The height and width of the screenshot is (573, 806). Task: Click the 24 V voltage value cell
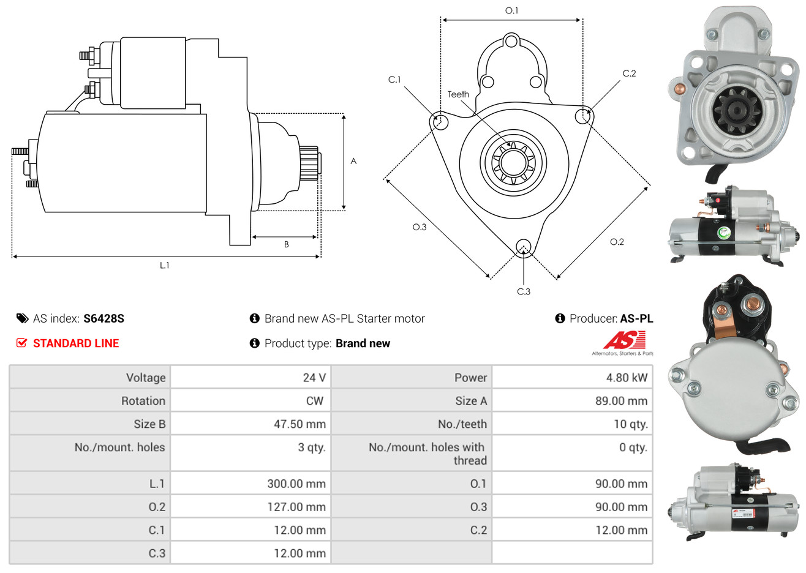(x=314, y=378)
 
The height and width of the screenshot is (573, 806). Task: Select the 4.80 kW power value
(x=627, y=378)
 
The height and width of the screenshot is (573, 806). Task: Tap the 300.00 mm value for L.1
(x=296, y=484)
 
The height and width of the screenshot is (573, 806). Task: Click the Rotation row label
(x=143, y=401)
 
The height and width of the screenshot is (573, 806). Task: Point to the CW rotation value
(x=314, y=401)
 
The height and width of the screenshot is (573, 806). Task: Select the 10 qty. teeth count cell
(x=631, y=424)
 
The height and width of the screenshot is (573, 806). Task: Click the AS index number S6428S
(x=104, y=318)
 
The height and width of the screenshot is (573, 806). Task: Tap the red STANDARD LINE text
(x=76, y=343)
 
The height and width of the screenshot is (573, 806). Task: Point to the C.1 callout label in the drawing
(x=394, y=80)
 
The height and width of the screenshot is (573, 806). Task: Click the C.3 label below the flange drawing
(x=524, y=291)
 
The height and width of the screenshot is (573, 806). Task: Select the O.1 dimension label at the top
(x=511, y=10)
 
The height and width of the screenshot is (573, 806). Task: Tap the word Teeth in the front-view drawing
(x=458, y=94)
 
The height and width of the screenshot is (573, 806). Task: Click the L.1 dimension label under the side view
(x=164, y=265)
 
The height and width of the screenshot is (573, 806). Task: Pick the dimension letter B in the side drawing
(x=286, y=244)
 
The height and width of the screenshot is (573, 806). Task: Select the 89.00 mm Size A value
(x=621, y=401)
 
